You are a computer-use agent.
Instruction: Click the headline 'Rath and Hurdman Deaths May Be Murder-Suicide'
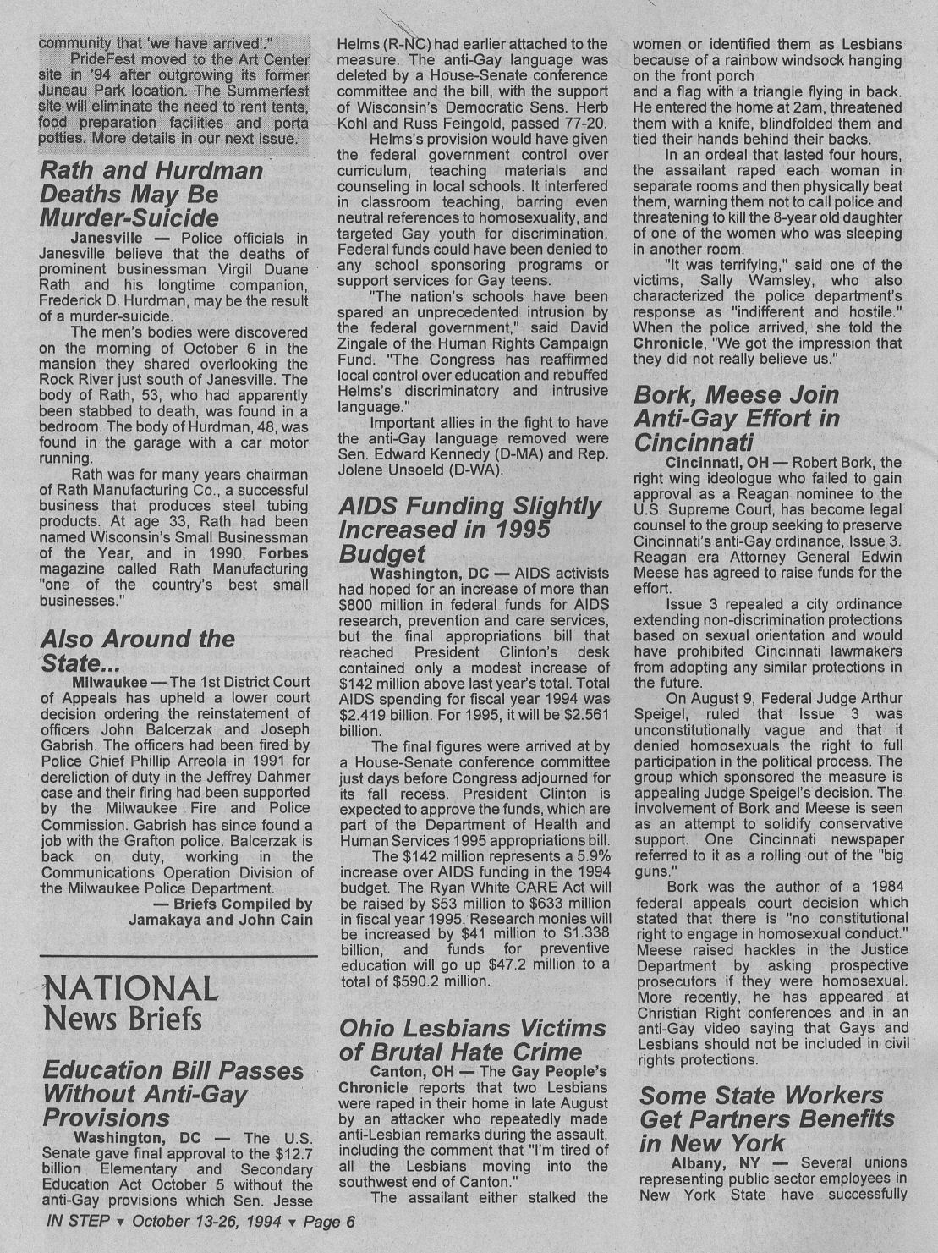(x=151, y=194)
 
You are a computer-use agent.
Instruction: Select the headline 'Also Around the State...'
(x=137, y=650)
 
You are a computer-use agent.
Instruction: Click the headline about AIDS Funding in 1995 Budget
(x=469, y=530)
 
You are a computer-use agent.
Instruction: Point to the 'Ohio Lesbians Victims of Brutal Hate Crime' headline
(x=472, y=1040)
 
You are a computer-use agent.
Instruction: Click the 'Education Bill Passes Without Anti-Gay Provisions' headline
(x=173, y=1094)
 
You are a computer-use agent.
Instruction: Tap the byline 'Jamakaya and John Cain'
(x=220, y=920)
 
